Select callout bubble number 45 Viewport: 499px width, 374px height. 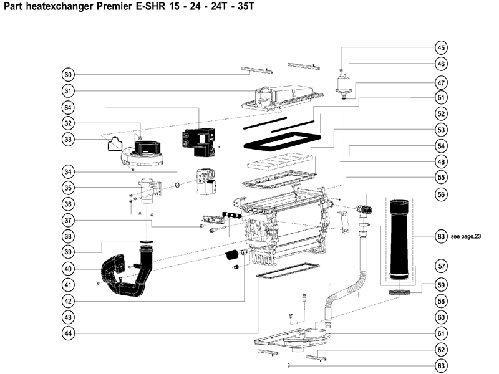pos(441,48)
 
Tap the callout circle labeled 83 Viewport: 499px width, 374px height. pos(441,236)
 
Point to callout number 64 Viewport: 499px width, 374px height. pos(69,107)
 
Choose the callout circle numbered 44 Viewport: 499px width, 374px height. pos(69,333)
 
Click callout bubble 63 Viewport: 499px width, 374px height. pos(441,366)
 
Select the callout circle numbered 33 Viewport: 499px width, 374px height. pos(69,139)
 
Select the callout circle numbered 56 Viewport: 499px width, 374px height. pos(441,194)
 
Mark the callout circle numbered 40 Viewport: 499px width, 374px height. pos(69,269)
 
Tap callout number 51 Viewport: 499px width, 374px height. pos(441,98)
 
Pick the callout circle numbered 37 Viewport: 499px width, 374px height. pos(69,220)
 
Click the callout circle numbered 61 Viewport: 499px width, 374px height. pos(441,333)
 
